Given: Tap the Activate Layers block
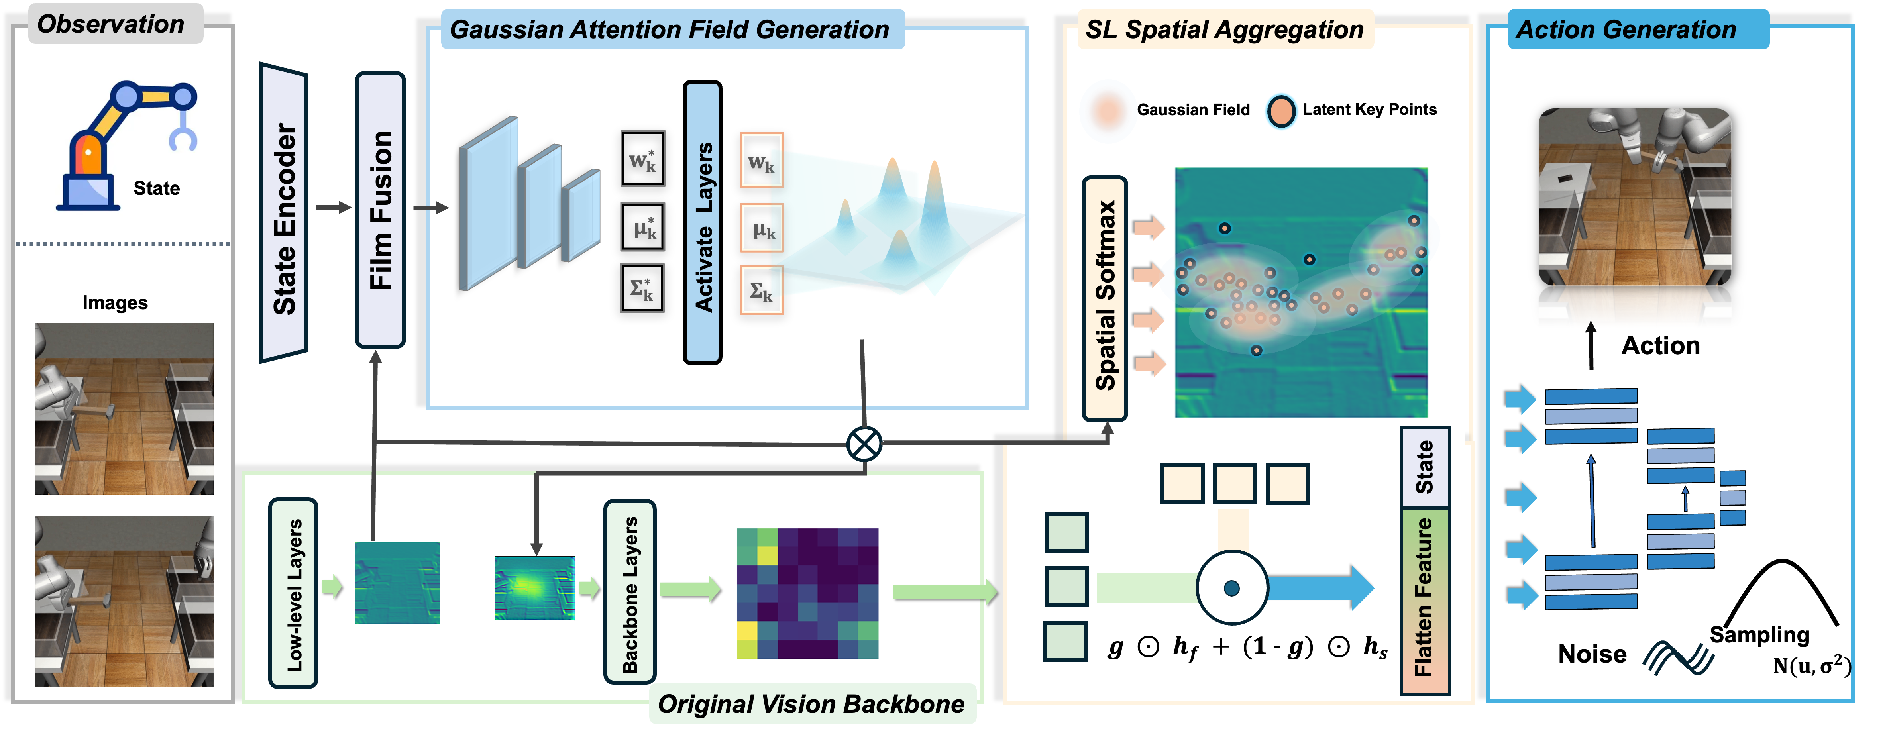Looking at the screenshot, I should pyautogui.click(x=703, y=223).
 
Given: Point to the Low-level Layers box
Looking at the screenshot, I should pyautogui.click(x=293, y=593).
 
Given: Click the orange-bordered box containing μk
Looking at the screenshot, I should pyautogui.click(x=762, y=229).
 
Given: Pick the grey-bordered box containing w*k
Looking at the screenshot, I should pyautogui.click(x=642, y=158).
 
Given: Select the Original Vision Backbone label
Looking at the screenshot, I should pyautogui.click(x=811, y=704).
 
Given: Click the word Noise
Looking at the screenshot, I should pyautogui.click(x=1592, y=654).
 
